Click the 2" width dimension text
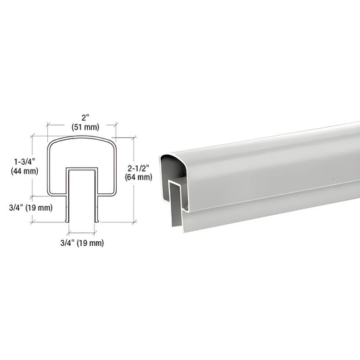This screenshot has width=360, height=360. click(x=85, y=118)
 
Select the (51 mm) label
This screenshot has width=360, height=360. click(x=85, y=127)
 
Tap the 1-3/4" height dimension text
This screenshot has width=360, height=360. click(x=24, y=162)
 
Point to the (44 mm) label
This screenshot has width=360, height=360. click(x=24, y=171)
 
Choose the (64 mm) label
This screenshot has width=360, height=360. click(x=138, y=177)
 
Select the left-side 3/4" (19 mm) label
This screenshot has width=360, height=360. click(x=31, y=208)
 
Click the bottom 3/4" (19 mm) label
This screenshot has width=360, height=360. click(x=82, y=243)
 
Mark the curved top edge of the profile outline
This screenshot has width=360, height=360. click(x=82, y=137)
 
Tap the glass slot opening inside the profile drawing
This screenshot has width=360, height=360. click(x=82, y=196)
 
